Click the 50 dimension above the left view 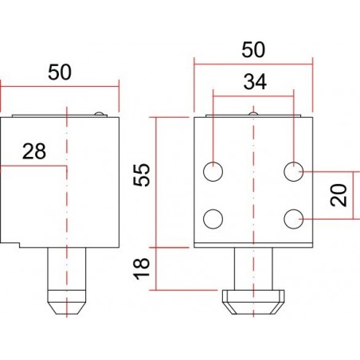(59, 72)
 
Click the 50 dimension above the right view (253, 49)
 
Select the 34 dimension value (253, 81)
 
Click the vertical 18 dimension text (142, 268)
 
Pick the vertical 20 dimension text (339, 194)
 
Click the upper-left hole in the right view (214, 171)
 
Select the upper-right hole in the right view (295, 170)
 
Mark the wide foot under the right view (254, 302)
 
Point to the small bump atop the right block (253, 114)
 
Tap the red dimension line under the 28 (33, 166)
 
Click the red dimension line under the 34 (253, 96)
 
